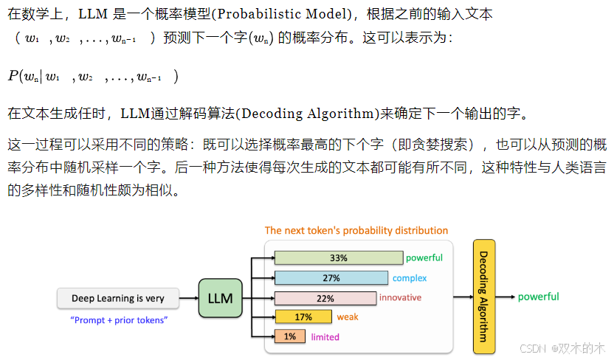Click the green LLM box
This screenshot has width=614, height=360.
click(221, 298)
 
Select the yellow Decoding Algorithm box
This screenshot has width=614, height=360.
click(484, 297)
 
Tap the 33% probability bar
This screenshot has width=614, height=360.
click(338, 258)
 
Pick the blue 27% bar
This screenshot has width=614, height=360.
click(331, 278)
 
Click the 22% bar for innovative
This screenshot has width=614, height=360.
click(325, 298)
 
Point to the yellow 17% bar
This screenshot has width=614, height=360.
click(303, 317)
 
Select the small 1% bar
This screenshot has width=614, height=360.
click(289, 336)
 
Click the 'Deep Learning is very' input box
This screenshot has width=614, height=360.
click(119, 299)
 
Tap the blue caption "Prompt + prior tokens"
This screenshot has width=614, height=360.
click(119, 320)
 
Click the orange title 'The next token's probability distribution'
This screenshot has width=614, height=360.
click(356, 230)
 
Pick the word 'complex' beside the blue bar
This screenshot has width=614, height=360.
click(410, 278)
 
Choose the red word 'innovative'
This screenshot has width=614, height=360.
click(400, 297)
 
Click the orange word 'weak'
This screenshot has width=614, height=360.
click(348, 317)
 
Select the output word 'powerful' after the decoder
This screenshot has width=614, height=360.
click(538, 297)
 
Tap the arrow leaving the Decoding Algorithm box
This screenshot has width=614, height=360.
click(506, 297)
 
